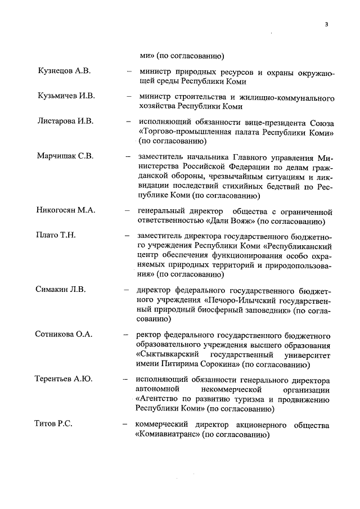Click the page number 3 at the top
[326, 25]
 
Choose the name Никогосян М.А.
[66, 210]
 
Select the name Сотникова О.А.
[64, 335]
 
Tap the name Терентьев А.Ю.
[64, 379]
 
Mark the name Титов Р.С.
[54, 424]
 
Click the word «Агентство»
[160, 399]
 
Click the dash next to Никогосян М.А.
[128, 211]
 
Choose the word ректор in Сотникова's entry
[149, 335]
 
